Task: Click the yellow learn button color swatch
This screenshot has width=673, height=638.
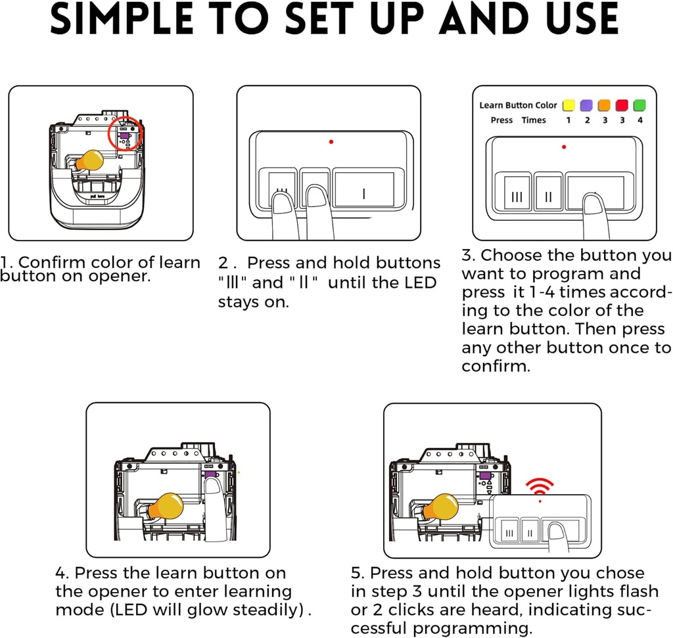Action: tap(569, 105)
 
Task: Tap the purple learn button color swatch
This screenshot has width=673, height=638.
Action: tap(586, 105)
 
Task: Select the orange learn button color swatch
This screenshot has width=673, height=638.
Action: tap(605, 105)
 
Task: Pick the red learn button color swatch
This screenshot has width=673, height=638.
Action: tap(622, 105)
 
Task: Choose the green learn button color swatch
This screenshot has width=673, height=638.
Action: tap(639, 105)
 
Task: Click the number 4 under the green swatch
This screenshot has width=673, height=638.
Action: tap(640, 120)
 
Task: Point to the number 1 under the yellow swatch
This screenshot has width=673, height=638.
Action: tap(569, 120)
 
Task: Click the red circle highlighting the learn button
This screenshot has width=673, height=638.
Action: tap(108, 133)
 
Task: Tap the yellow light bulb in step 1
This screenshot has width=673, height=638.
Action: tap(89, 161)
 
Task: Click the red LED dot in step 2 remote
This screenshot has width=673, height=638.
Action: tap(331, 141)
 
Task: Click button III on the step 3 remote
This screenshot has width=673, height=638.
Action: tap(517, 193)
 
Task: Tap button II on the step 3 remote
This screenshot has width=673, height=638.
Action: tap(549, 193)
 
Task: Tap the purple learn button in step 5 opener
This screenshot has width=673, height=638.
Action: tap(485, 476)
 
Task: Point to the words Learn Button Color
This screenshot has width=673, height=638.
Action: tap(518, 105)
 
